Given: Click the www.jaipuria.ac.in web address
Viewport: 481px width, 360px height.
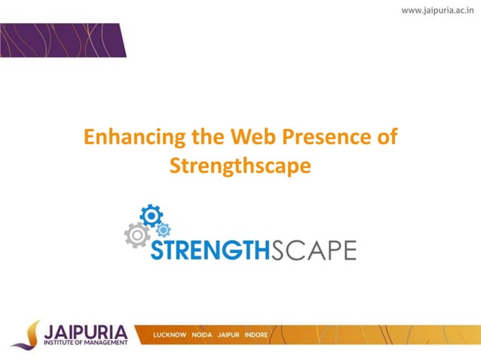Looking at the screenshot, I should click(437, 11).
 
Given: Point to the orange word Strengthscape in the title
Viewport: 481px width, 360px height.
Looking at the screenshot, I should click(240, 165).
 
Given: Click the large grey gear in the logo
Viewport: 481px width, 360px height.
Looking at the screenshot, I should click(136, 235).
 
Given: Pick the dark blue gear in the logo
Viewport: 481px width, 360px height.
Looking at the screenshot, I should click(152, 216).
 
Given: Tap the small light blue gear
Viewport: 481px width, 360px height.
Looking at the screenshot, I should click(164, 230).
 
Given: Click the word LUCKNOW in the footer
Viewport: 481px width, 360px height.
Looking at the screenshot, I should click(170, 334).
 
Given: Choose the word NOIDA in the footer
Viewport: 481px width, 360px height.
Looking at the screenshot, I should click(201, 334).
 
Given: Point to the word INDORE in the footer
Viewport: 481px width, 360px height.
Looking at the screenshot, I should click(256, 334).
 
